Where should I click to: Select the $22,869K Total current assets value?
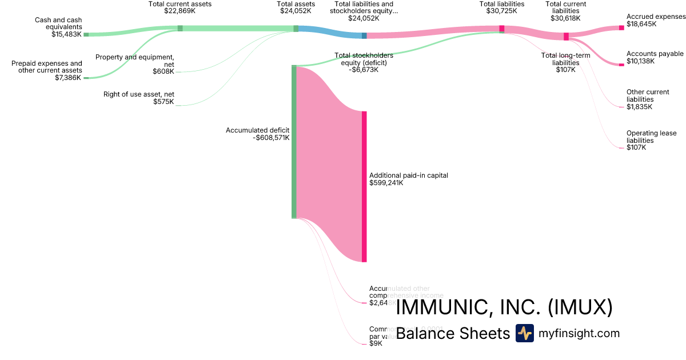click(x=180, y=11)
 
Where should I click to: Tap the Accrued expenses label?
click(x=656, y=17)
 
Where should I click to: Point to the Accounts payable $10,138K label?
click(x=655, y=57)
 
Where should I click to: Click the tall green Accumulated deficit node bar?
click(x=294, y=142)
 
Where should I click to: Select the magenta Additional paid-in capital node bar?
click(x=364, y=186)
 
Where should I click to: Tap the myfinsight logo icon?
click(x=524, y=333)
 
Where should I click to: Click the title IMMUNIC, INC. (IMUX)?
click(x=504, y=307)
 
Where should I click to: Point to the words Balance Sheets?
click(x=452, y=333)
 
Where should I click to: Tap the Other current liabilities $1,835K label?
click(x=648, y=99)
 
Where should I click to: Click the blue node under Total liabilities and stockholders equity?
click(x=364, y=35)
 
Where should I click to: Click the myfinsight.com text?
click(x=579, y=333)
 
